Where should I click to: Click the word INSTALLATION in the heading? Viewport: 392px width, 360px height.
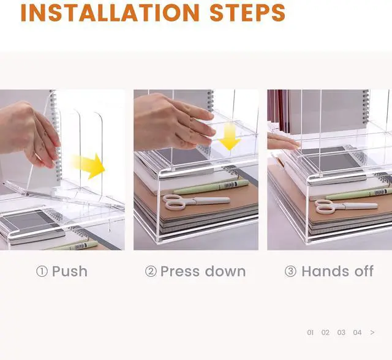[x=110, y=13]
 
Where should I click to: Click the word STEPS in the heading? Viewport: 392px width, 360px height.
[x=247, y=13]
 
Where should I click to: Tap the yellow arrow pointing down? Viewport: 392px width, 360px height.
[x=230, y=137]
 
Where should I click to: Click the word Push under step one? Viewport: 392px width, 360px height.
[x=70, y=272]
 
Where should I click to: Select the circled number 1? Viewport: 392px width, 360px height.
[x=42, y=272]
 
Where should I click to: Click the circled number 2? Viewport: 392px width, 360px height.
[x=151, y=272]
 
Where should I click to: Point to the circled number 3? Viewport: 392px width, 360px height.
[x=290, y=272]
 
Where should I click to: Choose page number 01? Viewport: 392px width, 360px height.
[x=311, y=332]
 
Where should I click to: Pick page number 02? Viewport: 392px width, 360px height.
[x=325, y=332]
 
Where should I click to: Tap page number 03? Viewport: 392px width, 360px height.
[x=341, y=332]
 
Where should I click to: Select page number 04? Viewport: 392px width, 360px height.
[x=357, y=332]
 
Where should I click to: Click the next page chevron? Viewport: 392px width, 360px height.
[x=372, y=332]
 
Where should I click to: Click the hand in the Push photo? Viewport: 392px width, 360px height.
[x=30, y=135]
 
